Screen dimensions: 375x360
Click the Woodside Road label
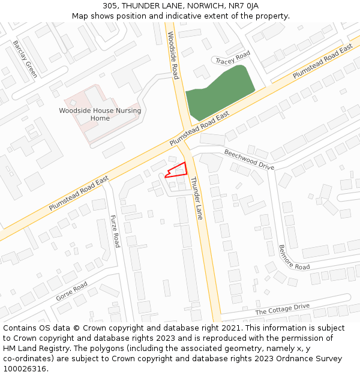pos(173,55)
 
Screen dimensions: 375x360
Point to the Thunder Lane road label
pos(197,198)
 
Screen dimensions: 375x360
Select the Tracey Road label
pos(233,58)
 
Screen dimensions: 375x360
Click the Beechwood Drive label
pos(249,160)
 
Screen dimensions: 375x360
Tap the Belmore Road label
pos(294,257)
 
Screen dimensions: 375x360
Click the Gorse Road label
pos(72,291)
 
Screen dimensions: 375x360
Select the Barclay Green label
pos(25,59)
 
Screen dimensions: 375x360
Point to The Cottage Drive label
pos(282,310)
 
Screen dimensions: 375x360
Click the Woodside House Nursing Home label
pos(100,114)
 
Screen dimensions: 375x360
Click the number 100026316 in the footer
pos(25,369)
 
